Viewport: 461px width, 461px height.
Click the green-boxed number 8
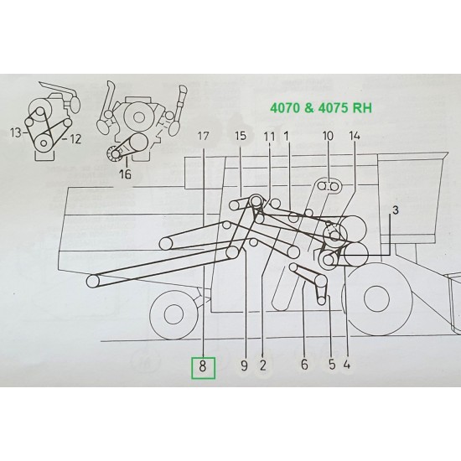204,365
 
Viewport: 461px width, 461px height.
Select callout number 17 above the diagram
204,136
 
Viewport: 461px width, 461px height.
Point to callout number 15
241,136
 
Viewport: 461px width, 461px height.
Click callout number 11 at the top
269,136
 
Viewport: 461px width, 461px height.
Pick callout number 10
328,136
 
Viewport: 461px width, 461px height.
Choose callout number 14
353,136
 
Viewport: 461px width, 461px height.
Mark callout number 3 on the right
396,208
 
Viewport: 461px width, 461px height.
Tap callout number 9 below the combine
244,365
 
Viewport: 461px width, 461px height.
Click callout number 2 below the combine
263,365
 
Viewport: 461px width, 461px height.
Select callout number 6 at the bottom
304,365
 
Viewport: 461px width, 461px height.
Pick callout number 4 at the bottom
346,365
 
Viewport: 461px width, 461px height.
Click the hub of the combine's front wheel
173,315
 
